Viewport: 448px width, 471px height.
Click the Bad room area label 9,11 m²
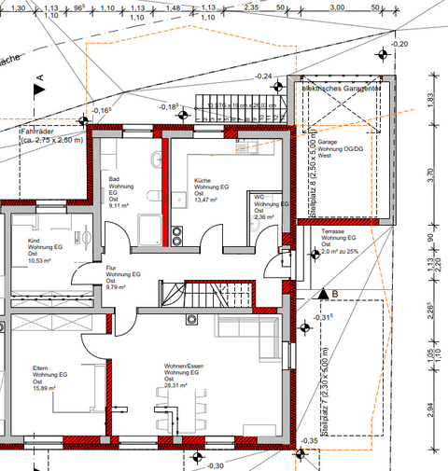119,204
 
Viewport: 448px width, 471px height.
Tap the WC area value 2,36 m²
264,217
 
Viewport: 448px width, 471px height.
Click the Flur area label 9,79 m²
118,287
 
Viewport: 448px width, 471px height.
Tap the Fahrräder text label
39,132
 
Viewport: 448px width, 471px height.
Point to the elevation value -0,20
399,44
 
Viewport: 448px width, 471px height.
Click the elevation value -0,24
265,76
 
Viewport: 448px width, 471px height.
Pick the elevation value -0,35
309,441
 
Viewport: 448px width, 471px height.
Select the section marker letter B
334,294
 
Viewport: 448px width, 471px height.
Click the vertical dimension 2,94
430,408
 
